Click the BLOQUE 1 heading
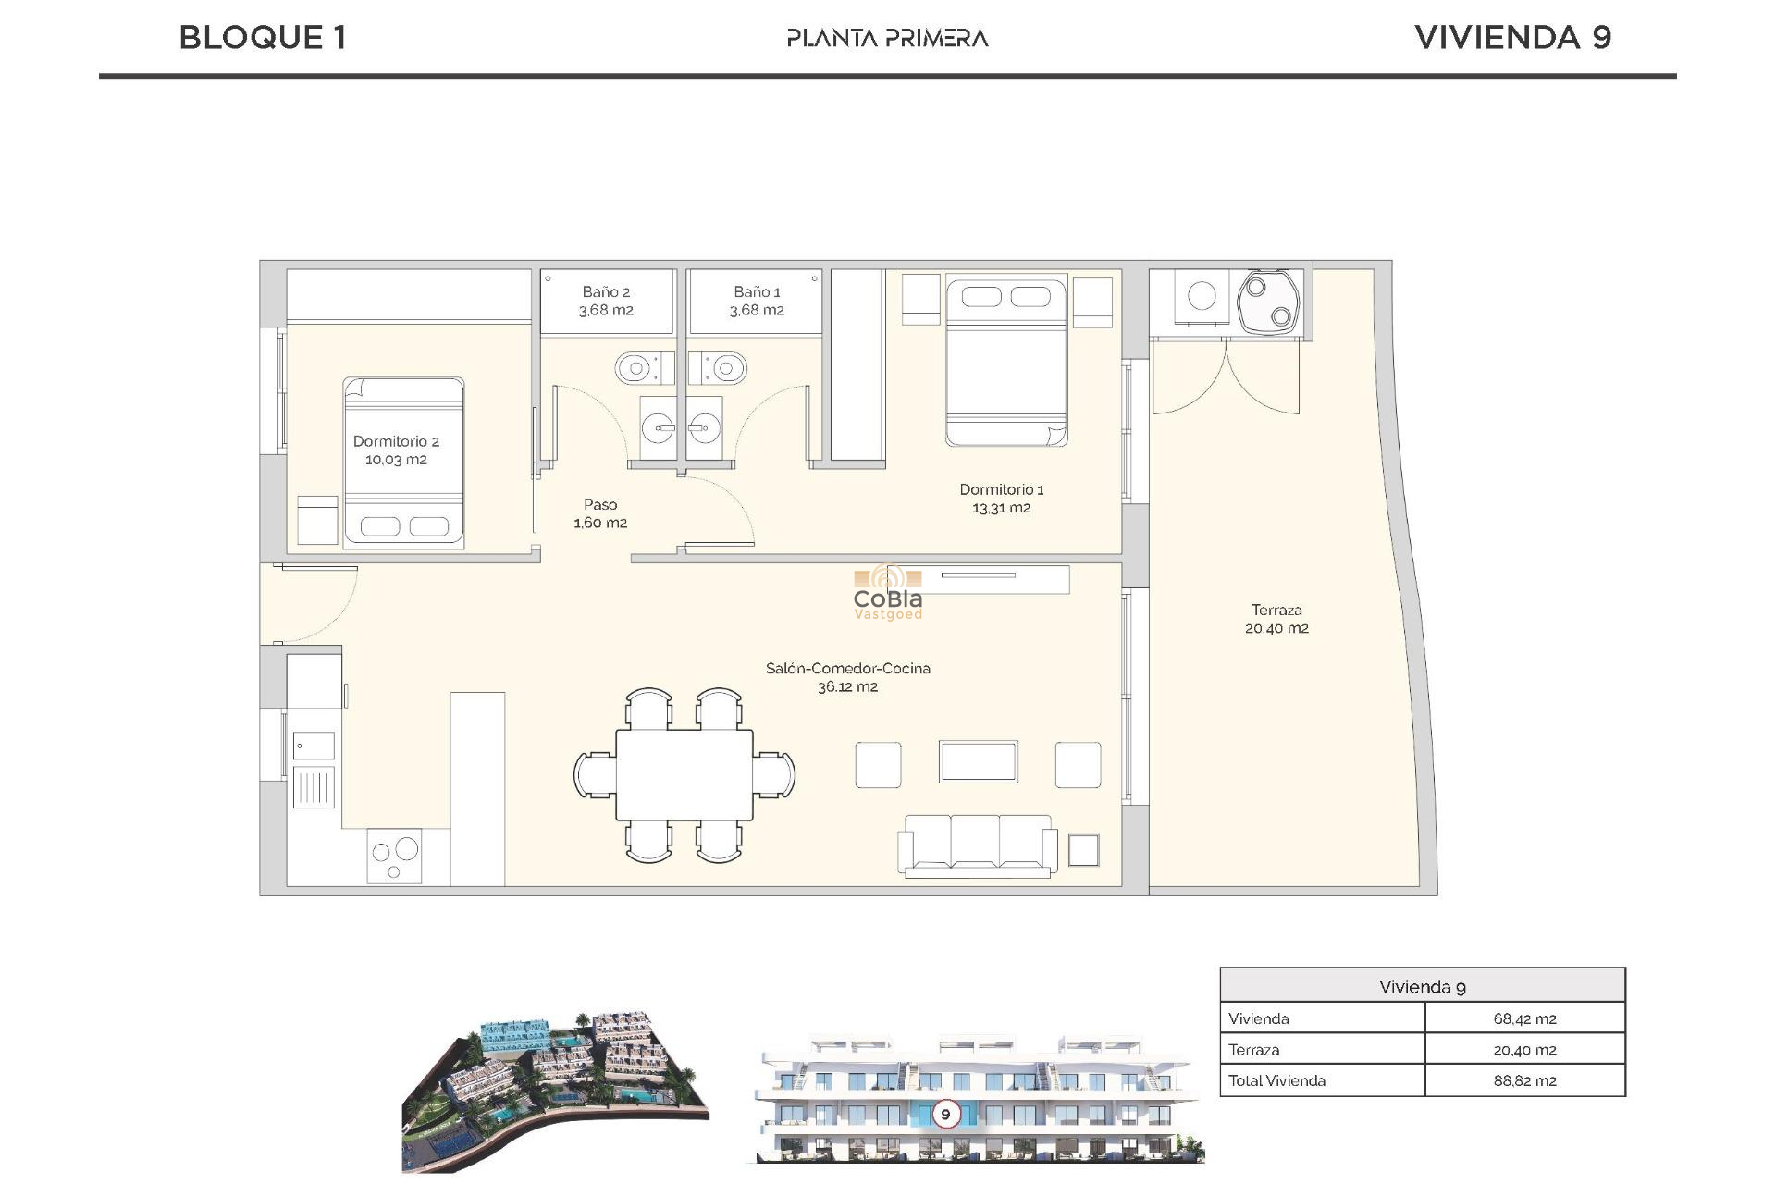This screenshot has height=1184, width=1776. click(x=263, y=38)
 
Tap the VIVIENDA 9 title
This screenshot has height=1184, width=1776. click(x=1512, y=38)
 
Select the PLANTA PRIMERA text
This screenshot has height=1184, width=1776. click(x=887, y=38)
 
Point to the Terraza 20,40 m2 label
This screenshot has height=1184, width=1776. click(x=1276, y=619)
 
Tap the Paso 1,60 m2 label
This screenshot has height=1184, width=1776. click(x=600, y=513)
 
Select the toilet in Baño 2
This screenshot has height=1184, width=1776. click(x=638, y=368)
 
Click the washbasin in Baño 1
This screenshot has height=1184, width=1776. click(x=705, y=428)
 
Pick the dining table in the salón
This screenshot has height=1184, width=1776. click(x=684, y=774)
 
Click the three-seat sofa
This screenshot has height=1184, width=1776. click(x=977, y=844)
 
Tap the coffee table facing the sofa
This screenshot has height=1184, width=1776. click(x=978, y=762)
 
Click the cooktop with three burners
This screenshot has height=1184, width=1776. click(x=395, y=857)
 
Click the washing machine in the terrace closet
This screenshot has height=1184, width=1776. click(x=1202, y=296)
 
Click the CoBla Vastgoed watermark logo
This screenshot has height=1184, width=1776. click(x=887, y=594)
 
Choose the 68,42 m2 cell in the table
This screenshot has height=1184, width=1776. click(x=1524, y=1018)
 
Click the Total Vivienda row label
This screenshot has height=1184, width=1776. click(x=1276, y=1080)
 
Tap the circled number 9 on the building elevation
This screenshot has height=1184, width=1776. click(x=945, y=1114)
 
